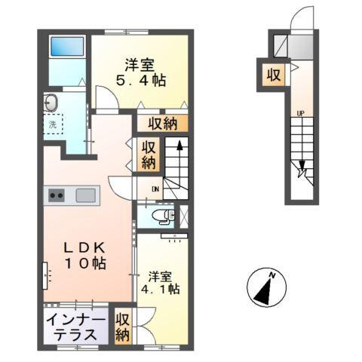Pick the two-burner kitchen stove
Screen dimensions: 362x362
click(57, 196)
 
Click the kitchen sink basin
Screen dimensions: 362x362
click(84, 196)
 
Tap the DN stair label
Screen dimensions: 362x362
click(155, 189)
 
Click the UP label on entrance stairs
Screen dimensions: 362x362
click(301, 114)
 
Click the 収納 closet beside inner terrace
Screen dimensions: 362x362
click(122, 326)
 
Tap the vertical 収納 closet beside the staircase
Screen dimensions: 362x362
click(149, 155)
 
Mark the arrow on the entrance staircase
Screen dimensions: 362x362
click(302, 170)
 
